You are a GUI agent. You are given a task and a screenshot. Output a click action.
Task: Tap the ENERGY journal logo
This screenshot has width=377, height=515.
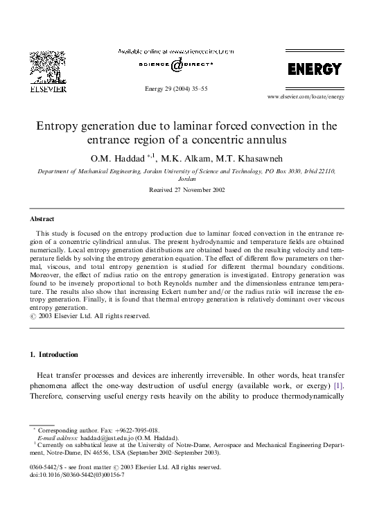click(315, 69)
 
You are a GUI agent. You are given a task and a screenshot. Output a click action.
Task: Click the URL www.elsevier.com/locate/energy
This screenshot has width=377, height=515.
click(306, 97)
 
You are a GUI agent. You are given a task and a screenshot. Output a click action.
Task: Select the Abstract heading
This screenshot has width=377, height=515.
click(42, 218)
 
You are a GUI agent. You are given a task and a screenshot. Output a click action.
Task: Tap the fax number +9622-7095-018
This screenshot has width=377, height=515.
click(136, 430)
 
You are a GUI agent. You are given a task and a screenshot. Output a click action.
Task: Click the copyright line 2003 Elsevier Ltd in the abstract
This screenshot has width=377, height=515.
click(89, 315)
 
